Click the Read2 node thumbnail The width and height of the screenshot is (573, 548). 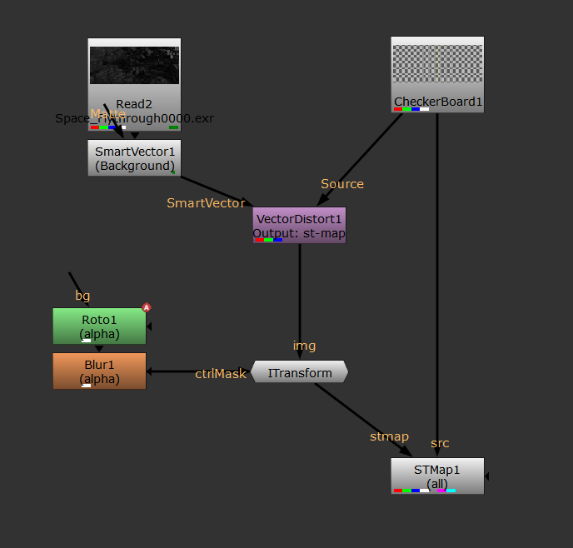point(134,65)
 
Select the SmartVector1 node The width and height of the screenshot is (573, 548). point(134,157)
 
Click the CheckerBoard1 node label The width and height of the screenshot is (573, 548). point(437,102)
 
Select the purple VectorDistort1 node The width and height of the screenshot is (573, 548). point(299,225)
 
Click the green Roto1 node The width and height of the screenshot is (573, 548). point(99,326)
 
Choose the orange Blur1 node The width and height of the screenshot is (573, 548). point(99,371)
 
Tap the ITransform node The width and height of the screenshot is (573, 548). point(299,373)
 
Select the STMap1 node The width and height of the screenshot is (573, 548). point(437,476)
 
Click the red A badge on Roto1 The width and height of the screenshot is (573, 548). point(147,307)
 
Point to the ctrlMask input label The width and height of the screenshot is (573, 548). point(221,374)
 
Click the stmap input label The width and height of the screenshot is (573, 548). point(389,436)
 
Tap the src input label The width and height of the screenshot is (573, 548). point(440,442)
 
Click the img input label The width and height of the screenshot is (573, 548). point(304,346)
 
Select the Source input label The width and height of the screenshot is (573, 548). point(342,183)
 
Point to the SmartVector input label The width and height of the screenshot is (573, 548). point(206,202)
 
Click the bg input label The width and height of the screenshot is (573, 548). point(82,296)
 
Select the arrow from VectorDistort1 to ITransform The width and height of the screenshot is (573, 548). point(300,291)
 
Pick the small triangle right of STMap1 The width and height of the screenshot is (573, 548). point(487,476)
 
